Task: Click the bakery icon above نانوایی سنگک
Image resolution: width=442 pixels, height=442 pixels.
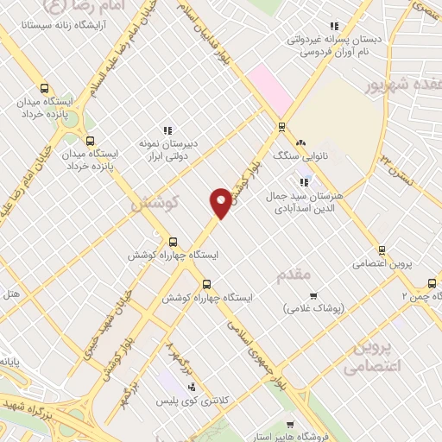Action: tap(300, 143)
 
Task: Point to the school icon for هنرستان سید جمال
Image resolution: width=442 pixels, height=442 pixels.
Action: tap(304, 182)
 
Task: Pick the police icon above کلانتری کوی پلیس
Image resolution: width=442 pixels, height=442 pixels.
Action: tap(191, 386)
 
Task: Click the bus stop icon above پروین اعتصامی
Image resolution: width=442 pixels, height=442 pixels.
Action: tap(373, 249)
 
